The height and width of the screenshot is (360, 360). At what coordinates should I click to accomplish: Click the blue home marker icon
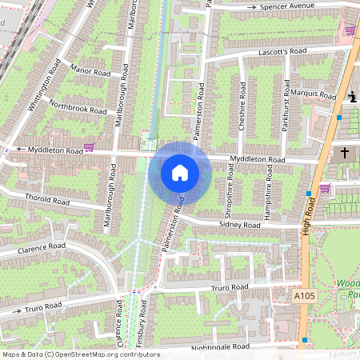[179, 173]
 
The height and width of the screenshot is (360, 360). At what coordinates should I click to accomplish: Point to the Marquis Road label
[315, 94]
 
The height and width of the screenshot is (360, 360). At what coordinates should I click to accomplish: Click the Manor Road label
[90, 72]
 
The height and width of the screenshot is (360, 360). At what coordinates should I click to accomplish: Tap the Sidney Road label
[240, 226]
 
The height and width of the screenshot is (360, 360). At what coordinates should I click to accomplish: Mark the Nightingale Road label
[221, 348]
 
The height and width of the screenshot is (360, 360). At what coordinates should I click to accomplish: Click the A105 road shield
[303, 295]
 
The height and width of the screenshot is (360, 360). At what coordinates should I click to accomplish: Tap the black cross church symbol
[346, 152]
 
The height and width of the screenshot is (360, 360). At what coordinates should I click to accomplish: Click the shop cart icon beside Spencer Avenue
[350, 30]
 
